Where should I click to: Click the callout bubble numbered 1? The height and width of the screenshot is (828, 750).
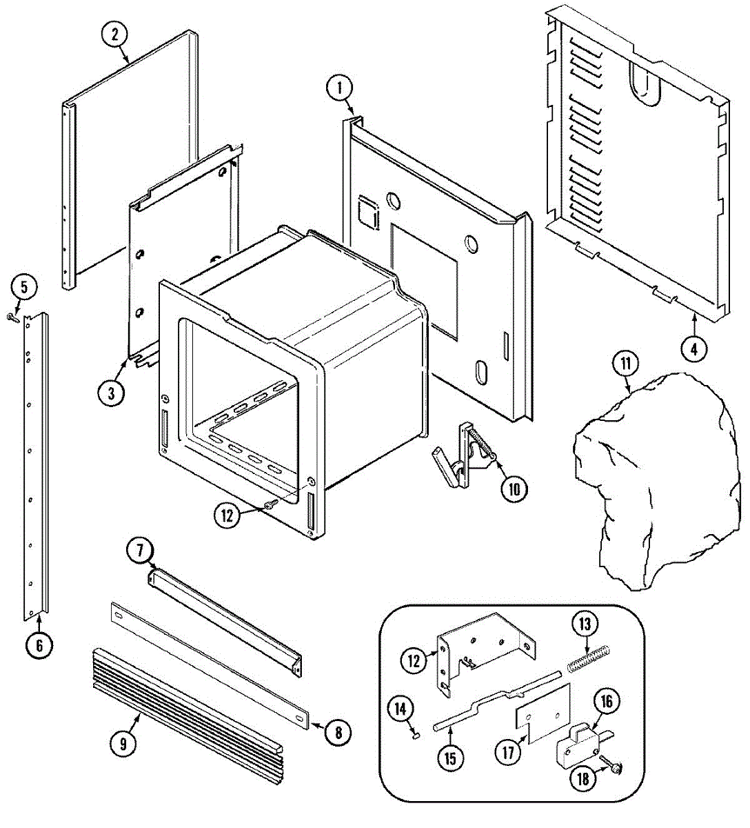click(339, 88)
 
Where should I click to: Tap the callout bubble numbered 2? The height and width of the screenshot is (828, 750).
click(115, 34)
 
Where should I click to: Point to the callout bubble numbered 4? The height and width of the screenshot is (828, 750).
click(694, 349)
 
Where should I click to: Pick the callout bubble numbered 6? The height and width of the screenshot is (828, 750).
click(39, 645)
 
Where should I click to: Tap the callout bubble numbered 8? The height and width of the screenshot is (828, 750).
click(338, 732)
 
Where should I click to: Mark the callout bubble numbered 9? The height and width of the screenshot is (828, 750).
click(123, 743)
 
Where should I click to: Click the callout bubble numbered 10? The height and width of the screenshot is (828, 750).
click(513, 489)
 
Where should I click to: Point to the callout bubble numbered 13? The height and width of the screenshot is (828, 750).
click(585, 624)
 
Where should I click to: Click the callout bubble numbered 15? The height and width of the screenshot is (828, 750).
click(449, 759)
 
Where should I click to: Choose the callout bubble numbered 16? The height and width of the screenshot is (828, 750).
click(607, 702)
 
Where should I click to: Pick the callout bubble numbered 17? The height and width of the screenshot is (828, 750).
click(509, 752)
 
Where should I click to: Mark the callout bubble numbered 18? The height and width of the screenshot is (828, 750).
click(584, 779)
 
